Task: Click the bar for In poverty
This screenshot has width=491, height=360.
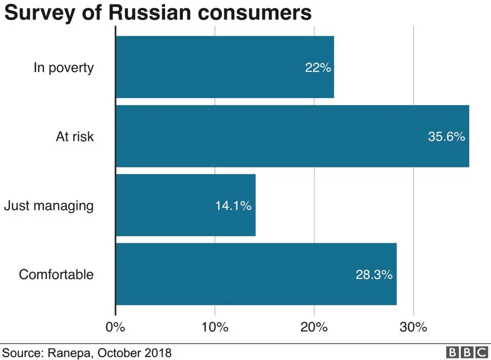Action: (x=224, y=67)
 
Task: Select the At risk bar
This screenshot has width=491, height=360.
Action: (x=292, y=136)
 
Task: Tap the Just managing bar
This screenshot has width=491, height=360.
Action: (x=185, y=205)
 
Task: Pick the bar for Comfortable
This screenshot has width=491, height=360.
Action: (x=256, y=274)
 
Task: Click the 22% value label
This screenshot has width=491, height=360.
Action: (x=318, y=67)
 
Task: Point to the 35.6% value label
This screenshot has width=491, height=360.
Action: (x=446, y=136)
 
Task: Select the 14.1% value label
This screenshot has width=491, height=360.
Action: (x=233, y=206)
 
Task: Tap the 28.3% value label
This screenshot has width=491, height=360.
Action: (x=374, y=275)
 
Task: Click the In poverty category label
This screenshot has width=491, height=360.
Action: (x=63, y=67)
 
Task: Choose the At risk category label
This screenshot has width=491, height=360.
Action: (x=74, y=136)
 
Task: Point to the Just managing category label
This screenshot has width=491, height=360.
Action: (x=48, y=206)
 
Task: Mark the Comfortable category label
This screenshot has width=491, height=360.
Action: (x=56, y=275)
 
